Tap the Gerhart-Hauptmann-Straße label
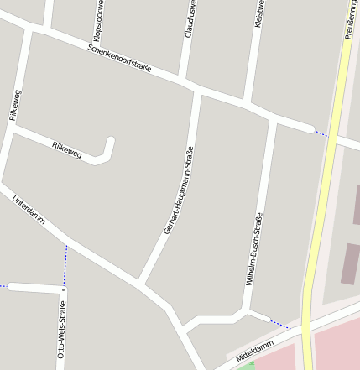point(179,190)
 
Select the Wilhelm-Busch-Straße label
point(255,249)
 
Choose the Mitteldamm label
point(255,352)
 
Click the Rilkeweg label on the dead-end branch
point(67,150)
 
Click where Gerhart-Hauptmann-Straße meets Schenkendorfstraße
point(197,89)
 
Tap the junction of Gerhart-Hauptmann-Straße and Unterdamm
point(142,282)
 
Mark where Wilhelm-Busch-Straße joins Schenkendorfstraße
point(273,117)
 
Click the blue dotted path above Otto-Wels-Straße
point(65,264)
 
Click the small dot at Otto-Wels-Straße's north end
point(63,290)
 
